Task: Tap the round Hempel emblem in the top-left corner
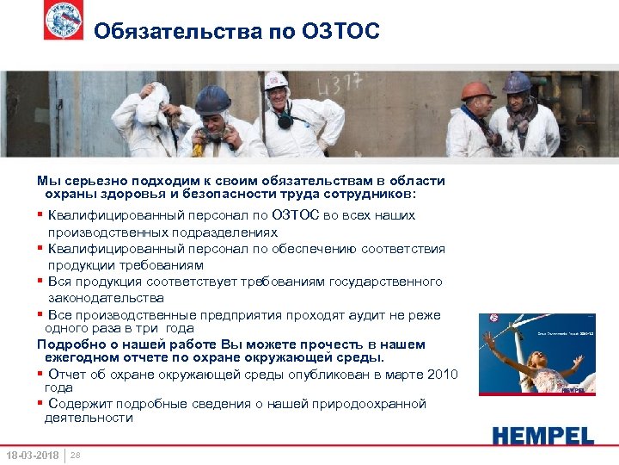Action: [x=64, y=21]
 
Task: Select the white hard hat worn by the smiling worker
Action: [x=276, y=81]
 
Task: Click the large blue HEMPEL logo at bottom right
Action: [x=542, y=435]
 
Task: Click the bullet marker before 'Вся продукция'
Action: [x=40, y=282]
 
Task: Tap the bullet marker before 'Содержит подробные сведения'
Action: [x=40, y=404]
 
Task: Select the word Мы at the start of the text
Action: [x=46, y=181]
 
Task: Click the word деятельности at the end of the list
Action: [x=89, y=418]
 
